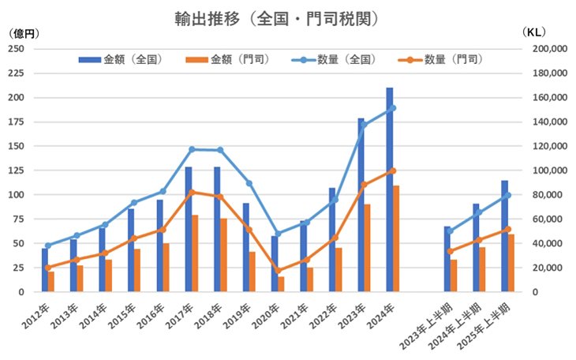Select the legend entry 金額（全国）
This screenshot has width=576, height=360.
(x=131, y=60)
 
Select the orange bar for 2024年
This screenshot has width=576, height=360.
(x=397, y=241)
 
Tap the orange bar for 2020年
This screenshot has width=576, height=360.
(x=281, y=284)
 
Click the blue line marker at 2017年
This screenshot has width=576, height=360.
(x=192, y=149)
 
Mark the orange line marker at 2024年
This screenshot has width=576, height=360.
(x=393, y=171)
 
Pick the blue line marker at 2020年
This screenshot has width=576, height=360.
(x=278, y=234)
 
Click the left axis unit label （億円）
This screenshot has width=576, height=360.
(x=22, y=33)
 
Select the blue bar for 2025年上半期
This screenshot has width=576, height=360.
(x=504, y=237)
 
